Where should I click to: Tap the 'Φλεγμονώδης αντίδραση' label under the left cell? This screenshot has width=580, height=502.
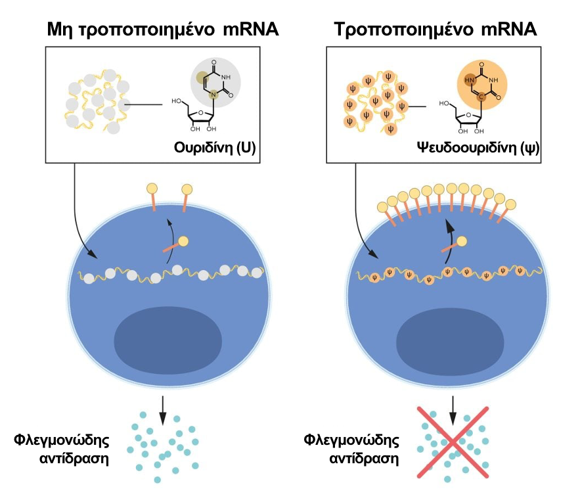coord(62,448)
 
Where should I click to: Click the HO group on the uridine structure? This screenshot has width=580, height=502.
coord(177,101)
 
